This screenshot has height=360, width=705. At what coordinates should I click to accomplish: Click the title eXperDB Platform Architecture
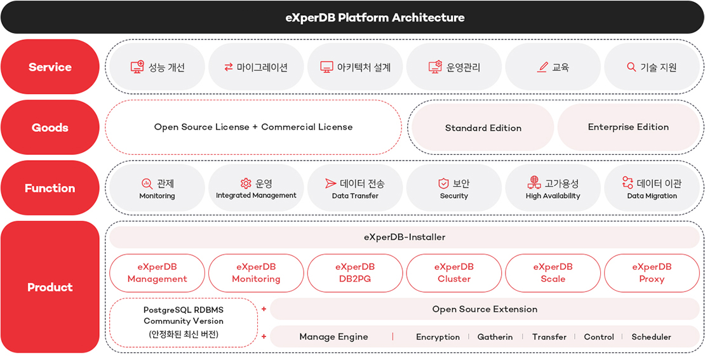click(x=375, y=17)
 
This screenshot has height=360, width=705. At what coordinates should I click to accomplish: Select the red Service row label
click(x=50, y=67)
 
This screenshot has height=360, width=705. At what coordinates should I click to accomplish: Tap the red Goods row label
click(x=50, y=128)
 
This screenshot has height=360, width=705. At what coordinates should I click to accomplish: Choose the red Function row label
click(x=50, y=188)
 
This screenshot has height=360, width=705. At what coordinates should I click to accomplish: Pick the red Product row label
click(x=50, y=287)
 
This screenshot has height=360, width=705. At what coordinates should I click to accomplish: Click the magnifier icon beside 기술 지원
click(x=631, y=67)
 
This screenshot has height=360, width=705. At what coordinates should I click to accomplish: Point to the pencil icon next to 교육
click(x=542, y=67)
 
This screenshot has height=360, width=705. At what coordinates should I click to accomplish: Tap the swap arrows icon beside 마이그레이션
click(x=229, y=67)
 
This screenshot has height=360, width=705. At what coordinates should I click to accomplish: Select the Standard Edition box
click(x=483, y=128)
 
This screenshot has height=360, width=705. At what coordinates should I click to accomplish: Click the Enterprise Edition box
click(x=628, y=127)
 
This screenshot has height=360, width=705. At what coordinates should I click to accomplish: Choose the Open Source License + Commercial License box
click(x=253, y=127)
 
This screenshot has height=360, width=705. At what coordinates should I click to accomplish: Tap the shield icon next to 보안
click(x=443, y=183)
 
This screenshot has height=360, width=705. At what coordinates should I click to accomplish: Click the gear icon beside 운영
click(x=246, y=183)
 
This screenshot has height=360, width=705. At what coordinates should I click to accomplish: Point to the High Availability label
click(x=553, y=196)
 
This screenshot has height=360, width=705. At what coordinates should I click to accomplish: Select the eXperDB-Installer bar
click(x=404, y=237)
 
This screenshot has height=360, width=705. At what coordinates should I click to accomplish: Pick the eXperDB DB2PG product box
click(x=355, y=273)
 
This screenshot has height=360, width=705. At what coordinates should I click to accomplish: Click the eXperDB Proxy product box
click(x=652, y=273)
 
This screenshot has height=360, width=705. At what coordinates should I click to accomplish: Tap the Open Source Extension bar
click(x=485, y=309)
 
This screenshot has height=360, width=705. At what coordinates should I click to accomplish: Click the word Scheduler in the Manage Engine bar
click(x=651, y=337)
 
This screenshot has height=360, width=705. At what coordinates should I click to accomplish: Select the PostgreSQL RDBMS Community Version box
click(x=183, y=322)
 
